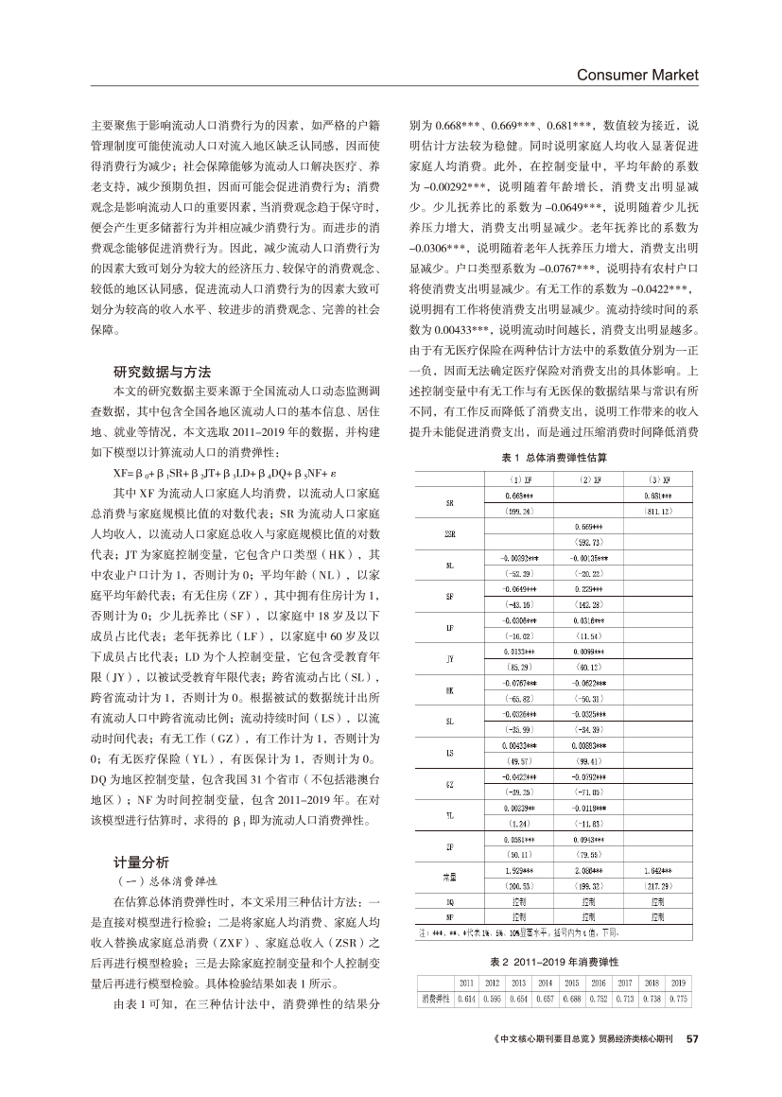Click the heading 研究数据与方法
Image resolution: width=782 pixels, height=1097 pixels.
tap(162, 371)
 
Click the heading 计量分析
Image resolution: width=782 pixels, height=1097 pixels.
tap(141, 862)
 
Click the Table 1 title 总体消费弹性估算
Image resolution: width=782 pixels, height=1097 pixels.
tap(553, 457)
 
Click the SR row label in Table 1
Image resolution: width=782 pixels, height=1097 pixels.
tap(447, 502)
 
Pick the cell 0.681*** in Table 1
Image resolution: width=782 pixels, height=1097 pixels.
tap(656, 496)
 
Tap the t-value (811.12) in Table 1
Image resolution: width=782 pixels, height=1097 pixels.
tap(656, 511)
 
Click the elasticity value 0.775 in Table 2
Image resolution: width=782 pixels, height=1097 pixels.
tap(678, 999)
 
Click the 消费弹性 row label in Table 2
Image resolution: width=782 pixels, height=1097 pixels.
tap(436, 999)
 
